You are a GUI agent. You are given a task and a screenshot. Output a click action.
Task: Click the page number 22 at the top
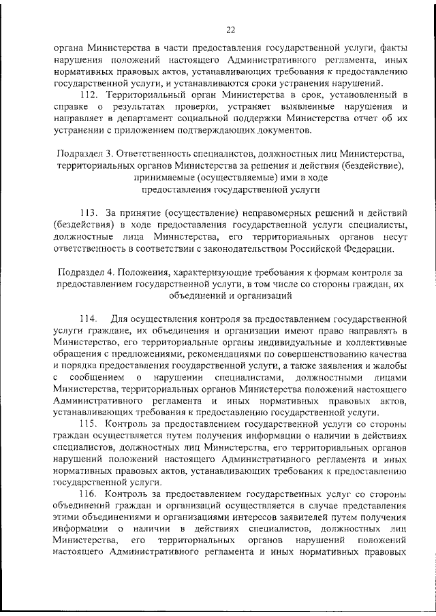[x=230, y=29]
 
